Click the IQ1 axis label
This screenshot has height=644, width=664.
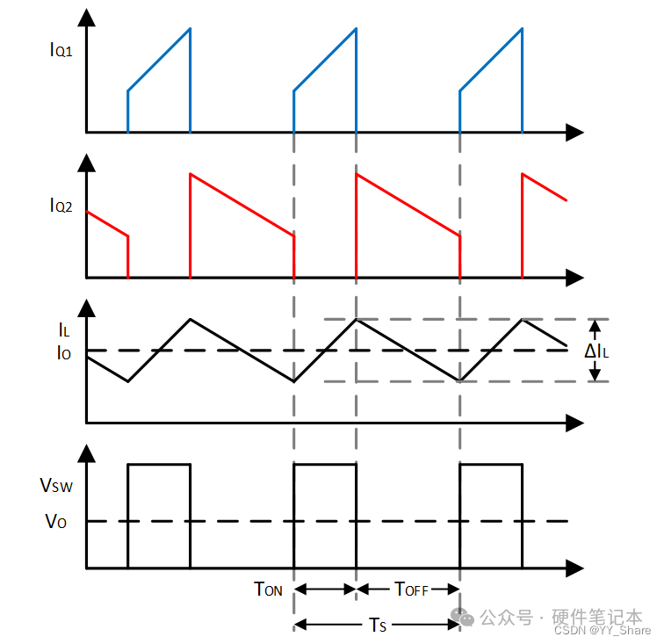pos(61,49)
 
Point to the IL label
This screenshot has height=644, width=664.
pos(63,330)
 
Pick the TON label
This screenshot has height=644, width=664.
pos(268,590)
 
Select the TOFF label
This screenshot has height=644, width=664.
pos(411,590)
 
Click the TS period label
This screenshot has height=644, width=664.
pos(376,625)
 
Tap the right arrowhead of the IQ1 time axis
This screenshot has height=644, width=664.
pos(574,133)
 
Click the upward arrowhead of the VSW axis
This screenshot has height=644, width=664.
pos(86,455)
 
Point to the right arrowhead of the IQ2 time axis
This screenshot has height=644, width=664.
pos(574,278)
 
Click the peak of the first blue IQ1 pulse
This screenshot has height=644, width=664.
pos(190,29)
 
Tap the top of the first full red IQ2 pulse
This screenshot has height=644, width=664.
pos(191,174)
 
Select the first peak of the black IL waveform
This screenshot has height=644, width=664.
pos(190,319)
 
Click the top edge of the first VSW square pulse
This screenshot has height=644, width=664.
pos(159,464)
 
